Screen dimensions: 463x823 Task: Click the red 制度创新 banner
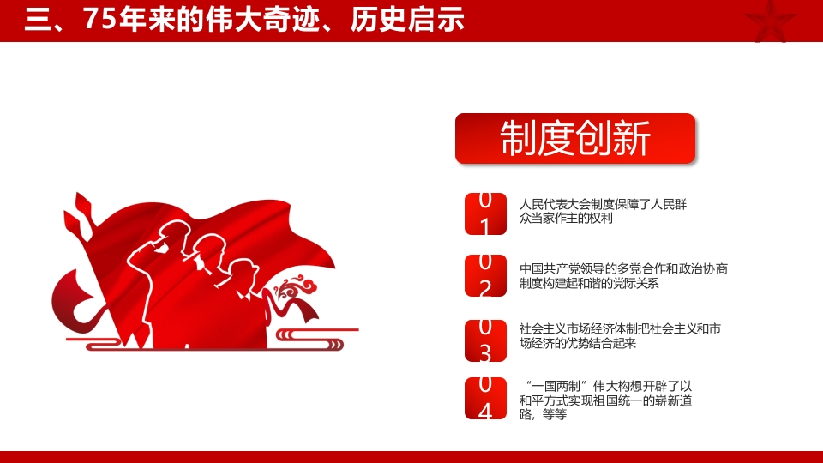point(574,138)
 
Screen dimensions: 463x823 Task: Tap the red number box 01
point(485,213)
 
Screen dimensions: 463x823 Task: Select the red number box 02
point(485,275)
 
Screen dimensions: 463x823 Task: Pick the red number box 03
point(485,340)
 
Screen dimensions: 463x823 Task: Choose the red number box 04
point(485,399)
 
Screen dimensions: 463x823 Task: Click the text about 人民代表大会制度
point(603,212)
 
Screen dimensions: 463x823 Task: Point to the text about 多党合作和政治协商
point(623,276)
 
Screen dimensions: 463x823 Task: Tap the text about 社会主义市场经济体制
point(620,336)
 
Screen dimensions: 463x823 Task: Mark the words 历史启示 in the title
point(407,20)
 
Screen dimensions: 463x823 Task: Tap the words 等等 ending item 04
point(555,415)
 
